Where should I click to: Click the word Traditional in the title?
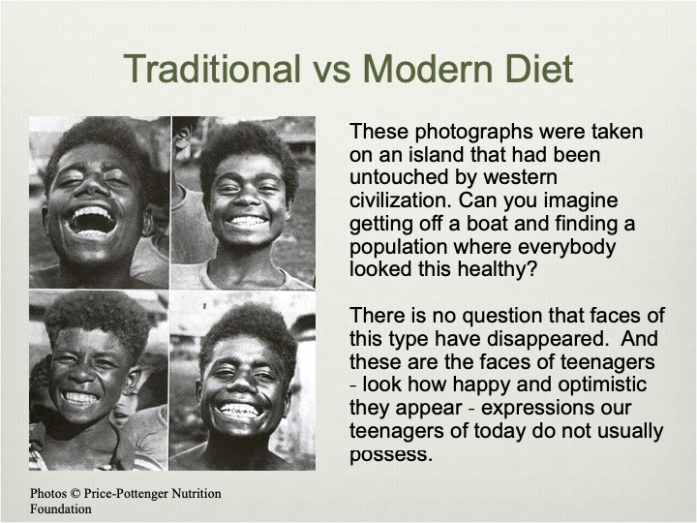point(212,69)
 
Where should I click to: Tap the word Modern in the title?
point(428,69)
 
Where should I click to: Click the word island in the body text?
point(439,154)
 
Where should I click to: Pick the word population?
point(398,248)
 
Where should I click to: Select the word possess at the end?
point(391,455)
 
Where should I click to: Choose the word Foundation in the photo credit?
point(61,508)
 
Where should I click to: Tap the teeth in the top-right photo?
point(247,221)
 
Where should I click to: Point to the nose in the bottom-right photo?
point(243,384)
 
